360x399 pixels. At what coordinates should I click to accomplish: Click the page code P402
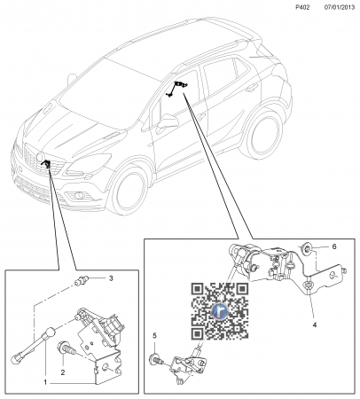click(x=302, y=7)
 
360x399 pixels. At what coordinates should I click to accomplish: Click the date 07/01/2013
click(x=340, y=7)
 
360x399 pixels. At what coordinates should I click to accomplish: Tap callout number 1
click(x=45, y=382)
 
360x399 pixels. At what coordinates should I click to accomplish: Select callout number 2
click(x=63, y=372)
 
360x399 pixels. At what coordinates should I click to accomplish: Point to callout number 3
click(x=111, y=278)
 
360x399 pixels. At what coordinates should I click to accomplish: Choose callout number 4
click(x=315, y=325)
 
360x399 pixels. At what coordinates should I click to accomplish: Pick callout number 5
click(x=154, y=336)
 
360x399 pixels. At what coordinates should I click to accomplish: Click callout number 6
click(x=334, y=246)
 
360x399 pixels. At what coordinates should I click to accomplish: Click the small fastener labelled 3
click(x=81, y=281)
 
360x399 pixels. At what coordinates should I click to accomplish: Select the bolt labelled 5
click(x=157, y=359)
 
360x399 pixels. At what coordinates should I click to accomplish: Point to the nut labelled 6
click(x=306, y=248)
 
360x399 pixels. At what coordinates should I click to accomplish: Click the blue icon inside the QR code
click(x=220, y=311)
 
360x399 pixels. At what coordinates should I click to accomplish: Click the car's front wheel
click(x=128, y=190)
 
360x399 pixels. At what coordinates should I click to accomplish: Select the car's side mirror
click(x=168, y=121)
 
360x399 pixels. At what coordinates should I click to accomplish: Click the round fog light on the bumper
click(x=79, y=195)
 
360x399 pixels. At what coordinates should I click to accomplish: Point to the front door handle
click(x=201, y=117)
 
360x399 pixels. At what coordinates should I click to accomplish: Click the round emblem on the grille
click(x=39, y=157)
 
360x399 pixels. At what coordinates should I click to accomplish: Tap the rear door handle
click(x=252, y=87)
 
